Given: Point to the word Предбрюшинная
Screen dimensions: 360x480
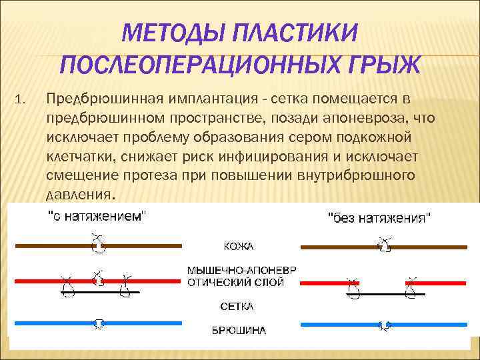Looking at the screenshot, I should coord(99,99).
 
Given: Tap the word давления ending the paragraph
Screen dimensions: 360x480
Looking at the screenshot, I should coord(80,194).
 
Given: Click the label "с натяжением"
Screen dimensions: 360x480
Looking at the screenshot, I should coord(96,216).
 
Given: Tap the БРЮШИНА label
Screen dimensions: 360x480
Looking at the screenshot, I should coord(239,330).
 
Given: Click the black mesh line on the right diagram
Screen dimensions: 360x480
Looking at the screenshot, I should coord(380,293).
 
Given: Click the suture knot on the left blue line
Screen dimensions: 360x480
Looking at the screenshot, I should coord(99,323).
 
